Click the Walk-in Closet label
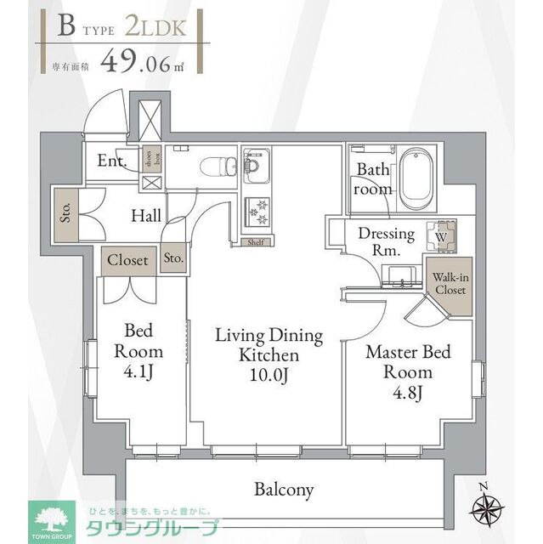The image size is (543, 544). (x=450, y=283)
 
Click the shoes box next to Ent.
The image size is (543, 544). (x=149, y=161)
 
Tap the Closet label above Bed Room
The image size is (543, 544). (x=127, y=260)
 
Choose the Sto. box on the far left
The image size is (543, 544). (x=65, y=212)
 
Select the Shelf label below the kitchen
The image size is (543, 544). (x=255, y=241)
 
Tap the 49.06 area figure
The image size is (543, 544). (x=137, y=61)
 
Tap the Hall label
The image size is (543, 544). (x=145, y=216)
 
